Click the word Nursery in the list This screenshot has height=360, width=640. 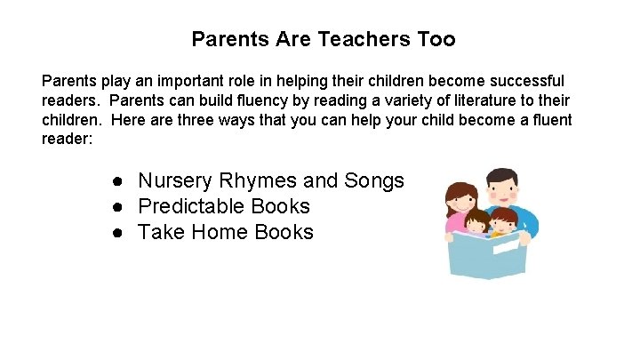(175, 181)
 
